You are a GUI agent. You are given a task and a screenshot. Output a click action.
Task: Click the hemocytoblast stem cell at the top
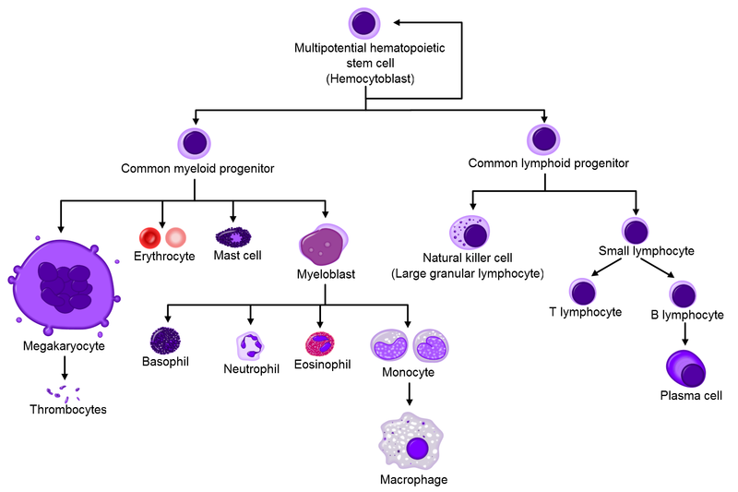[364, 22]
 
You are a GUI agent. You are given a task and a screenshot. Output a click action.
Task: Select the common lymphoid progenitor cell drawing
[544, 140]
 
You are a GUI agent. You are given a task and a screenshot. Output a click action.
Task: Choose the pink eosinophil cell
[319, 343]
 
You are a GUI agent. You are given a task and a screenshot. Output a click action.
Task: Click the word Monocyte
[409, 372]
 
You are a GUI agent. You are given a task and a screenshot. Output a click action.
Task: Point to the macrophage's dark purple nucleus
[418, 449]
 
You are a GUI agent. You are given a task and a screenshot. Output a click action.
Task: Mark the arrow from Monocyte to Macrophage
[409, 394]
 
